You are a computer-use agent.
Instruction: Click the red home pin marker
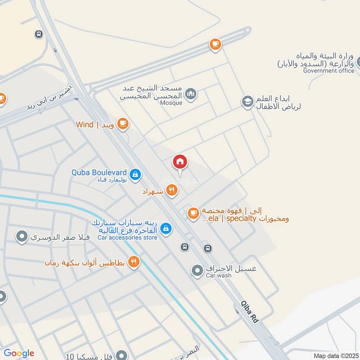click(x=180, y=162)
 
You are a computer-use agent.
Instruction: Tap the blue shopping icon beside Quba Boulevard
click(x=135, y=174)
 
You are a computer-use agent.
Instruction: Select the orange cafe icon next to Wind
click(x=122, y=123)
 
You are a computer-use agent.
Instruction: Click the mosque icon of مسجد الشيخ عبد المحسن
click(x=191, y=94)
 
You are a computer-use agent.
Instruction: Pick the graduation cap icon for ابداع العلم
click(x=247, y=102)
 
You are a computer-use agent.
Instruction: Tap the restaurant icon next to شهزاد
click(x=171, y=190)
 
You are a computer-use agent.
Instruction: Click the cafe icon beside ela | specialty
click(x=193, y=213)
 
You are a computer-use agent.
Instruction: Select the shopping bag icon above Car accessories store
click(x=166, y=229)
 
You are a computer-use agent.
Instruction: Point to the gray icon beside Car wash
click(x=197, y=271)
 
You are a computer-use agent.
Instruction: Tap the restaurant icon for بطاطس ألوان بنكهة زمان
click(x=134, y=261)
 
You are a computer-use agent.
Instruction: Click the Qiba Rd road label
click(x=249, y=311)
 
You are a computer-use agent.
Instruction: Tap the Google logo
click(x=18, y=353)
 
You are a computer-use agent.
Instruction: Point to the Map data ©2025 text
click(x=335, y=356)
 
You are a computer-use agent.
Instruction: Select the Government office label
click(x=328, y=71)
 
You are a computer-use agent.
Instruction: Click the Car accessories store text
click(x=127, y=237)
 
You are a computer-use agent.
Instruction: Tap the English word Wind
click(x=85, y=125)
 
